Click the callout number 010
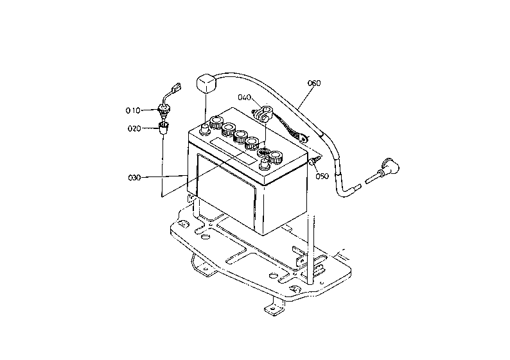133,111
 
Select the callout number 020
134,129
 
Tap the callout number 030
135,178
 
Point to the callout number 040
244,97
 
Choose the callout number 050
322,176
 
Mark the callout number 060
314,83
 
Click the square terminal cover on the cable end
206,83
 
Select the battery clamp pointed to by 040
262,112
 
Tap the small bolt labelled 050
315,160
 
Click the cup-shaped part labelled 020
164,127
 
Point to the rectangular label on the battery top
234,151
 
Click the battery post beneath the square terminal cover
205,129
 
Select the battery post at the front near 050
265,165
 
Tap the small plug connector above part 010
176,88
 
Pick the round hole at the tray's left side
206,237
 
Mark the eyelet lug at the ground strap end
303,139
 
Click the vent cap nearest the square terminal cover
216,123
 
